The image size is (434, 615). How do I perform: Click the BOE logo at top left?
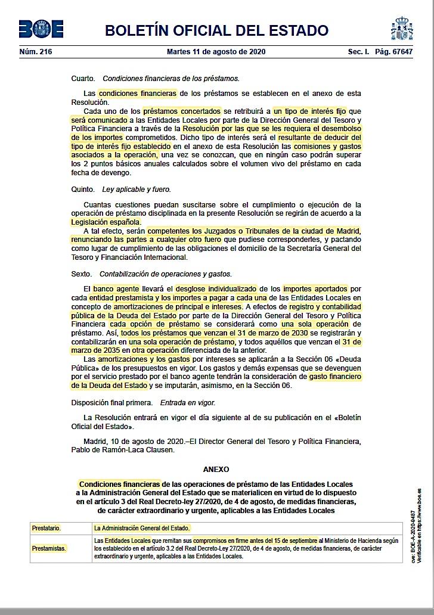coord(41,29)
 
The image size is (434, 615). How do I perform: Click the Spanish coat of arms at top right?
coord(402,29)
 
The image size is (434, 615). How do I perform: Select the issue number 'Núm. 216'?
coord(36,52)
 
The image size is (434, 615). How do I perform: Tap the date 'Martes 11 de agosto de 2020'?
coord(216,52)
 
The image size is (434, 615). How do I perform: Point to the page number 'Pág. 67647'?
coord(394,52)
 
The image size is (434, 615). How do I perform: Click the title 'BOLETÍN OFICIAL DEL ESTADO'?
coord(216,30)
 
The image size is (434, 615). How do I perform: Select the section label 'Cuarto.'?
coord(83,78)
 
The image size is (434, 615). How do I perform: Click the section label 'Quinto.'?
coord(83,190)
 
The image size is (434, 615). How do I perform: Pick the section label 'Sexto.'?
coord(82,274)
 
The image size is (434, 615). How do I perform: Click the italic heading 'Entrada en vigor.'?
coord(188,403)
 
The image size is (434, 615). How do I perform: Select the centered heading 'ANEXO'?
coord(216,470)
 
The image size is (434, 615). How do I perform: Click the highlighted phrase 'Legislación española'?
coord(106,222)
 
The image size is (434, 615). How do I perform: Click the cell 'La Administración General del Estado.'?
coord(142,528)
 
